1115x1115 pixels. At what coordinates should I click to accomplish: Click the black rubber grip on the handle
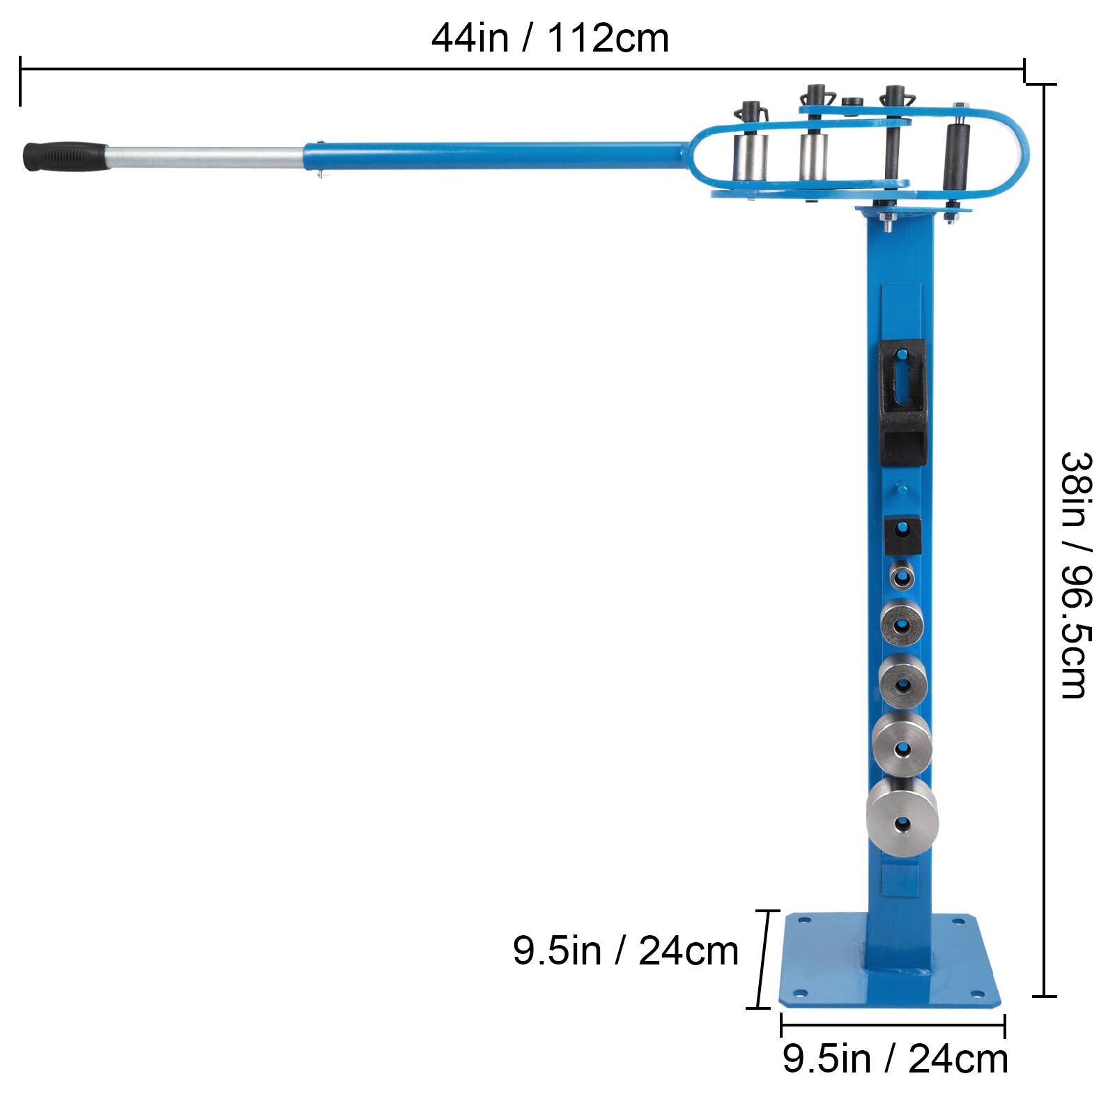coord(64,156)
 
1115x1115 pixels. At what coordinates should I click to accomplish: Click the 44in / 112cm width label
coord(550,38)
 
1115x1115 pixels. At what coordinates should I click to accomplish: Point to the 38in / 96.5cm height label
coord(1074,575)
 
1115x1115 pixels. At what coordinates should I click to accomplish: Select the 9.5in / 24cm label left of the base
coord(625,951)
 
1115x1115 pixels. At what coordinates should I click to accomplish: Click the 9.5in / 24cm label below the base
coord(895,1059)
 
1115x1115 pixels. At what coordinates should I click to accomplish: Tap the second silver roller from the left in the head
coord(813,157)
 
